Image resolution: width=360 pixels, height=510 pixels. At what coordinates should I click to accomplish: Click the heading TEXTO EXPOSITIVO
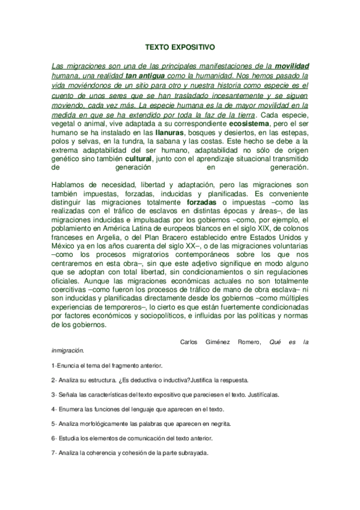click(180, 45)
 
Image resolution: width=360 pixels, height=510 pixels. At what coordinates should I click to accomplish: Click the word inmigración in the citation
click(67, 351)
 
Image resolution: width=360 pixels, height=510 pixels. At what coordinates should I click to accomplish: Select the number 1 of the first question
click(53, 366)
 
